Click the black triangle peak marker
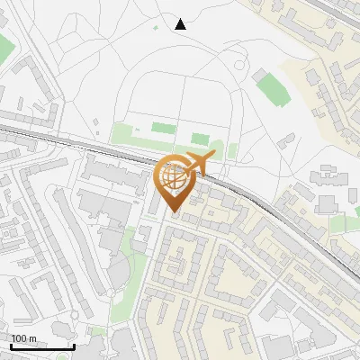(x=181, y=24)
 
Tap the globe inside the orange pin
(x=175, y=178)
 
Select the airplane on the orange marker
(x=199, y=165)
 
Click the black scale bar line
(x=42, y=346)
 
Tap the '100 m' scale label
(x=24, y=338)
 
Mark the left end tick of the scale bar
(x=11, y=346)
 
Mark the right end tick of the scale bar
(x=74, y=346)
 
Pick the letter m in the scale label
(x=32, y=338)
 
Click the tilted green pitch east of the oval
(x=270, y=87)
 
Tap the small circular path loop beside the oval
(x=238, y=65)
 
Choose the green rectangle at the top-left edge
(x=4, y=49)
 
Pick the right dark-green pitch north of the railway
(x=200, y=139)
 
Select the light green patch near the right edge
(x=337, y=224)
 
